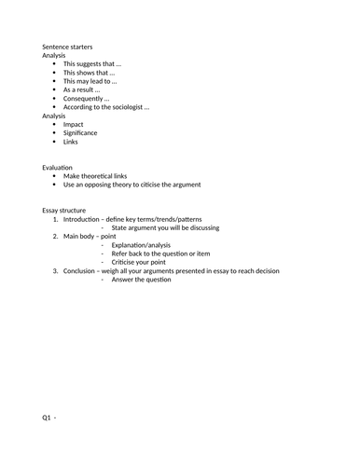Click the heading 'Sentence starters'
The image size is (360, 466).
(67, 47)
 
